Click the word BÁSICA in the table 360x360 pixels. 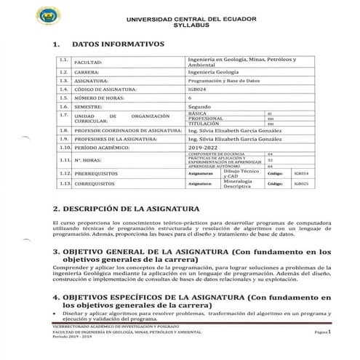pyautogui.click(x=198, y=113)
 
